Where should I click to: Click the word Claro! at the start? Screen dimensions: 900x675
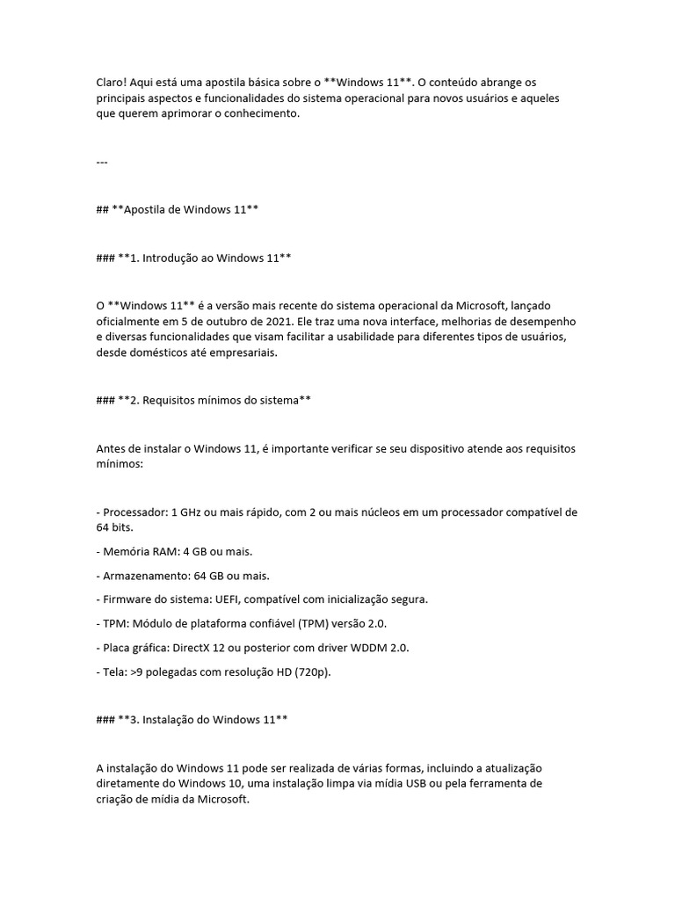coord(112,82)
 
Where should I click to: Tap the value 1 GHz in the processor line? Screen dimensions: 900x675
coord(189,512)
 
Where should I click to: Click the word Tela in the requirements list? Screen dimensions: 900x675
coord(113,671)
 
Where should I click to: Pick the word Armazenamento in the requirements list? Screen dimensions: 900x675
coord(143,576)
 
